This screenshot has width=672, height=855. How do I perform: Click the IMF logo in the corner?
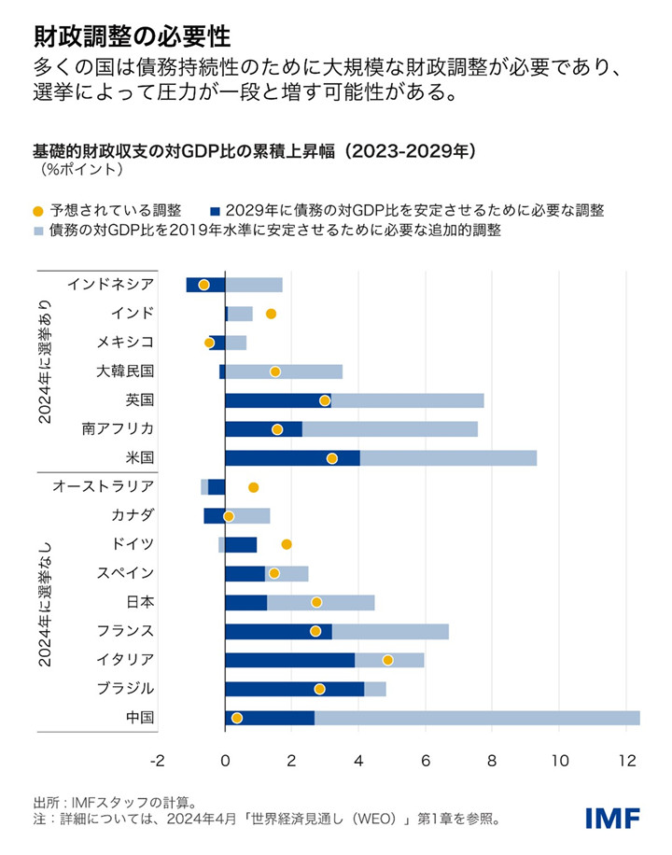coord(612,818)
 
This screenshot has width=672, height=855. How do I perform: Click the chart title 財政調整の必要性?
coord(132,36)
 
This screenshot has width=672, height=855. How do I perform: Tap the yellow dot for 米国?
coord(332,458)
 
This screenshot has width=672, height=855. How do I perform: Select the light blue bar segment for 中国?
coord(477,718)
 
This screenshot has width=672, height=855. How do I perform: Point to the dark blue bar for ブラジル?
coord(294,689)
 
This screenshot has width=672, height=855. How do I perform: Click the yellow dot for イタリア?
coord(387,660)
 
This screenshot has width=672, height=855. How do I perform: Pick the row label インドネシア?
coord(111,285)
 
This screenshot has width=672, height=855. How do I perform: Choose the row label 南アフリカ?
coord(118,429)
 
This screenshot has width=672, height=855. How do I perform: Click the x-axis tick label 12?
coord(626,761)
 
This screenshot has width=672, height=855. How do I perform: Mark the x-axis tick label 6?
coord(426,761)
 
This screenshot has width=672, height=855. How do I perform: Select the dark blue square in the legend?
coord(216,211)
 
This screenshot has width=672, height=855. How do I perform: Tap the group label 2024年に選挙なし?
coord(45,602)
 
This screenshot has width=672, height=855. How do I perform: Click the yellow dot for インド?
coord(272,314)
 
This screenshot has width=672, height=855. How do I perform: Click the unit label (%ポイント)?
coord(81,170)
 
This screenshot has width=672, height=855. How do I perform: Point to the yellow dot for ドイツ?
coord(287,544)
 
